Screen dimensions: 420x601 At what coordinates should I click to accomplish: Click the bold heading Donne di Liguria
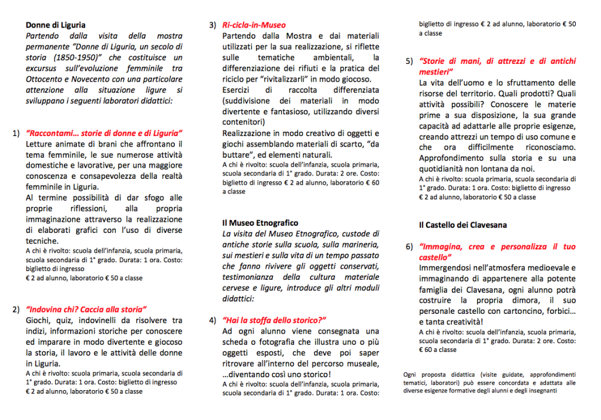coord(56,25)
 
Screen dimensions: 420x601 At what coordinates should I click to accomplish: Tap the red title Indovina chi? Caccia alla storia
coord(86,310)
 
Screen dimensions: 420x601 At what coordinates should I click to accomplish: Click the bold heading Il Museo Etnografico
coord(260,223)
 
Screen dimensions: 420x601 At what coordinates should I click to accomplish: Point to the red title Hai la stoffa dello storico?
coord(274,320)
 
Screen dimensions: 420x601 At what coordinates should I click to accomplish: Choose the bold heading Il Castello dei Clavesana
coord(463,225)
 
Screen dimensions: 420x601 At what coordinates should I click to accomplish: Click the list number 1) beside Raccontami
coord(16,133)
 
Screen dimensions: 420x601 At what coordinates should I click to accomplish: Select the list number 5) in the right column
coord(410,61)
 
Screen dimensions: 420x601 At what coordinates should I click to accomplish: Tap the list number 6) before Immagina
coord(410,247)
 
